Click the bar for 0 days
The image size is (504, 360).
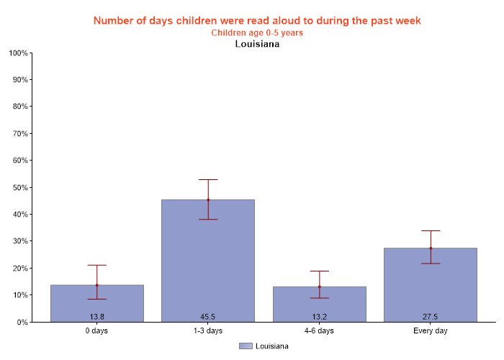click(96, 302)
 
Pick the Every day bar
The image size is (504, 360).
click(431, 284)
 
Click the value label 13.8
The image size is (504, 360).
click(97, 317)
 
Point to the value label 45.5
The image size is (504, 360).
click(208, 317)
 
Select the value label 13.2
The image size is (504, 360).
click(319, 317)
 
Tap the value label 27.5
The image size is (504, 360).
click(431, 317)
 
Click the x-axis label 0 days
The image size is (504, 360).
click(97, 331)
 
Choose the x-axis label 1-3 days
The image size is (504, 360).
click(208, 331)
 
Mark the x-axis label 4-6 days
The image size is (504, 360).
click(319, 331)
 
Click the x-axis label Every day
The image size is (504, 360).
click(431, 331)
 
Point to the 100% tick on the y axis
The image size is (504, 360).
click(18, 53)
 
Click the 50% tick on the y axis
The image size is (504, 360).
click(19, 187)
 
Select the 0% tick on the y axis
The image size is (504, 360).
click(22, 322)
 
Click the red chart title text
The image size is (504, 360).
click(257, 20)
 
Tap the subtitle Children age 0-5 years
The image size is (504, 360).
click(257, 32)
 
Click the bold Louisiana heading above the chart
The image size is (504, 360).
click(257, 44)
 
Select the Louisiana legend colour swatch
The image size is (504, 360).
click(246, 346)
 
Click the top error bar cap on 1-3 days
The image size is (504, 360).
click(208, 179)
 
